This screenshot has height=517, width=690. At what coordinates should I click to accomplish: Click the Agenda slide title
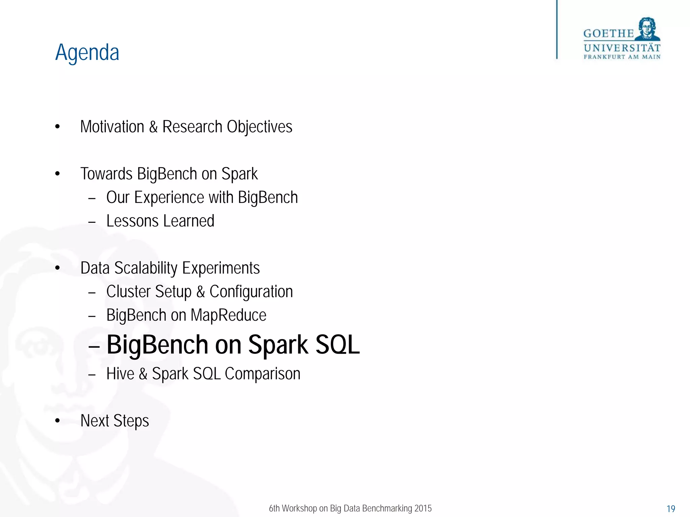(x=87, y=53)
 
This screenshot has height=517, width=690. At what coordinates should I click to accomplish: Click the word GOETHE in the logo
(x=608, y=34)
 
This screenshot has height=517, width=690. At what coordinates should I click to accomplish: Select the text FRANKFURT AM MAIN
(x=622, y=57)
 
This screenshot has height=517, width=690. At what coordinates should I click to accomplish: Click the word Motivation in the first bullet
(x=112, y=127)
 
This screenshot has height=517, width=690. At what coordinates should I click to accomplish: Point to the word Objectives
(x=259, y=127)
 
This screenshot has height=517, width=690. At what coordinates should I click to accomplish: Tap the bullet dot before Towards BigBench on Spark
(x=57, y=174)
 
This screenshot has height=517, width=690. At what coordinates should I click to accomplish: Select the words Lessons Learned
(x=160, y=221)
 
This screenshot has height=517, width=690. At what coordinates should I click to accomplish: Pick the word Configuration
(x=251, y=292)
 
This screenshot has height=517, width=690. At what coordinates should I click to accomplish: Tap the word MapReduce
(x=228, y=315)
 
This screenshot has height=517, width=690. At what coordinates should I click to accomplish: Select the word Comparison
(x=262, y=374)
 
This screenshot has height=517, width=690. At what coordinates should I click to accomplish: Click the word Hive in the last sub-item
(x=120, y=374)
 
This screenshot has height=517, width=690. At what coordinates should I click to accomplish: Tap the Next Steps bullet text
(x=115, y=421)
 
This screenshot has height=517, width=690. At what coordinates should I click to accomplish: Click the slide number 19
(x=670, y=509)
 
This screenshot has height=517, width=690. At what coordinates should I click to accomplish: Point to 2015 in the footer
(x=423, y=508)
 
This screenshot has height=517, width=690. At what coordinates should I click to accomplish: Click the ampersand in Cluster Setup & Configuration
(x=200, y=292)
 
